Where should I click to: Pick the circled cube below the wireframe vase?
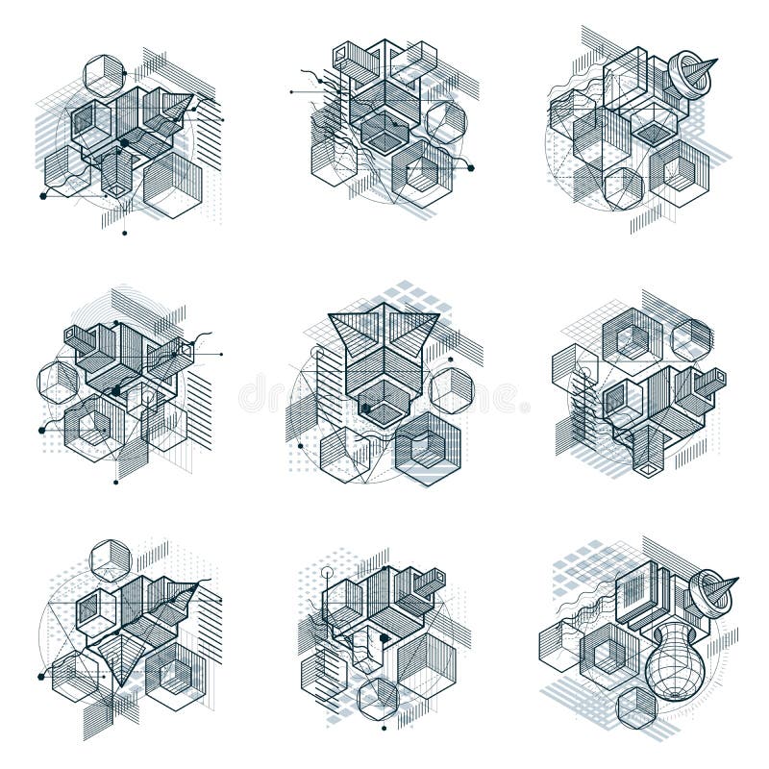636,708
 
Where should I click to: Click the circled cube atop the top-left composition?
104,74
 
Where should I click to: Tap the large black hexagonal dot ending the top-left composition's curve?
43,196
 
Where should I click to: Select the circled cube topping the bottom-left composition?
111,560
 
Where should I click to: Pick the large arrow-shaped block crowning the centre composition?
384,332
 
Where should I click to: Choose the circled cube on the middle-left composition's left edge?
58,382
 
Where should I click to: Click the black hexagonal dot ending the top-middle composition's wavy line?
471,168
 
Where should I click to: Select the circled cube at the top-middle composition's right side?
446,123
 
